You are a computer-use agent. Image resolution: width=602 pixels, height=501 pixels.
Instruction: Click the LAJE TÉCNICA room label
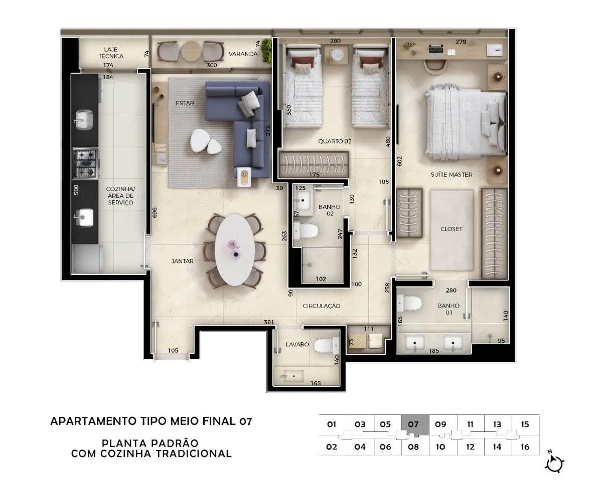tap(111, 53)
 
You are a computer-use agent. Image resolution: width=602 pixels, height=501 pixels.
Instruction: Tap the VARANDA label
tap(243, 54)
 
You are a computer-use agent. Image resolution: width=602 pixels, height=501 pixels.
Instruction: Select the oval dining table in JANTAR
tap(235, 249)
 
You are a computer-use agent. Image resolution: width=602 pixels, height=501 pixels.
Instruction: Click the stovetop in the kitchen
tap(85, 163)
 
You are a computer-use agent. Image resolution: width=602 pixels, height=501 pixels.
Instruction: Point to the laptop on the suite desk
tap(436, 50)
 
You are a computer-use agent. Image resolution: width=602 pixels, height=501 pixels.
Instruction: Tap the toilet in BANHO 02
tap(306, 230)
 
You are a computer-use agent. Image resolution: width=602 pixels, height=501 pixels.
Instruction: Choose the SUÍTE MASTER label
tap(452, 174)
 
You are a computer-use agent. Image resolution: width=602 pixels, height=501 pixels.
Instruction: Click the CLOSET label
tap(451, 229)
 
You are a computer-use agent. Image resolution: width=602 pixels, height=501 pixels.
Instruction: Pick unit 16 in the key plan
tap(525, 447)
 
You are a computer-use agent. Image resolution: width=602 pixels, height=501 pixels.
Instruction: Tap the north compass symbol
tap(554, 464)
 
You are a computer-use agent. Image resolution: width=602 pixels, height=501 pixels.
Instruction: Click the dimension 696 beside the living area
tap(155, 212)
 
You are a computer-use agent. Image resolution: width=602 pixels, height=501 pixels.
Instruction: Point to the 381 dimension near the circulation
tap(269, 322)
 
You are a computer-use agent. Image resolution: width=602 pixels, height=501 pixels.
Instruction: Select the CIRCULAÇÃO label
tap(322, 306)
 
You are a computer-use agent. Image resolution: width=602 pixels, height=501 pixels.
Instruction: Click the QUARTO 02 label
tap(335, 141)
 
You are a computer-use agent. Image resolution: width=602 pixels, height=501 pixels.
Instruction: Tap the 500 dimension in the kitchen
tap(76, 190)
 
